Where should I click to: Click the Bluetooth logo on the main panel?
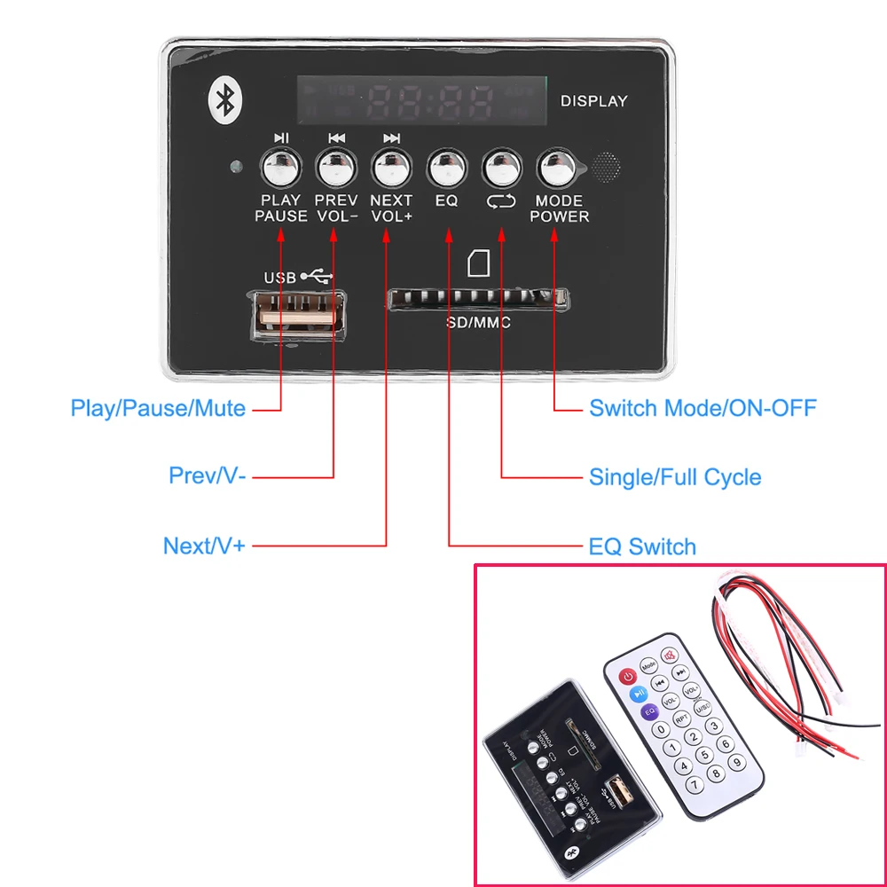point(226,99)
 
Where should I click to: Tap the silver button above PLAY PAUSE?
point(280,166)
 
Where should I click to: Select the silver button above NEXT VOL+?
point(391,166)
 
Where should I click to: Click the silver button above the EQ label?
point(446,166)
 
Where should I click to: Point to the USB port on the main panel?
point(298,312)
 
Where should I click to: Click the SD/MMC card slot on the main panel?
point(477,299)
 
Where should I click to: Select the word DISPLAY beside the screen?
point(593,101)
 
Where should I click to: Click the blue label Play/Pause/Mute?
point(158,409)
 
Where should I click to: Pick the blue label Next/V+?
point(203,546)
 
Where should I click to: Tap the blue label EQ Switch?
point(642,546)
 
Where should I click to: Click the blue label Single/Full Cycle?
point(675,477)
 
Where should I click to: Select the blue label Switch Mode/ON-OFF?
point(703,409)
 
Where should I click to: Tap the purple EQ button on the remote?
point(649,710)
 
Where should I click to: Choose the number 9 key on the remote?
point(735,761)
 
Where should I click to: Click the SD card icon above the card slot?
point(477,263)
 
